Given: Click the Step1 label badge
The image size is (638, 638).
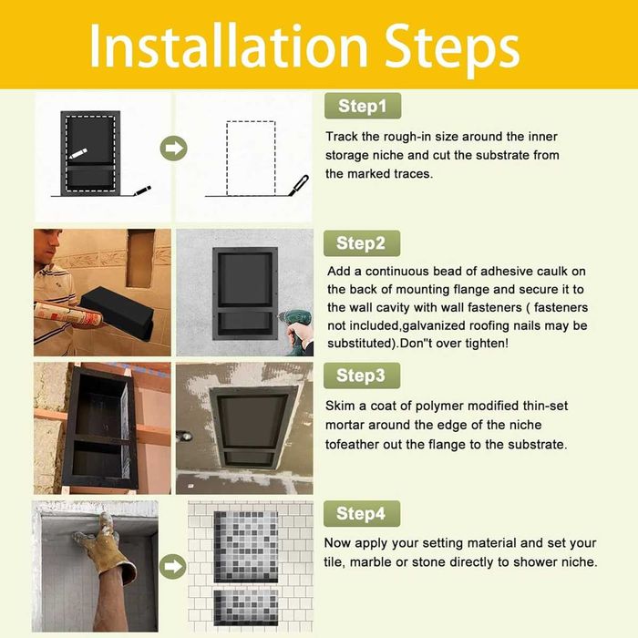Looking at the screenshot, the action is pyautogui.click(x=363, y=106).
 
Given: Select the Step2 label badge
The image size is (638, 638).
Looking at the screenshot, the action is pyautogui.click(x=362, y=243).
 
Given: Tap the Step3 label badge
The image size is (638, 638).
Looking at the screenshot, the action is pyautogui.click(x=362, y=376).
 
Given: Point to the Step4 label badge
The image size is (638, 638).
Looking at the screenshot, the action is pyautogui.click(x=362, y=513).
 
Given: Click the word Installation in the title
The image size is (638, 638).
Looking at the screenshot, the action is pyautogui.click(x=229, y=46).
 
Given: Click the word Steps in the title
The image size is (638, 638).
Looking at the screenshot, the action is pyautogui.click(x=452, y=49).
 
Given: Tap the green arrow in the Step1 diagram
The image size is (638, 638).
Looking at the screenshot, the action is pyautogui.click(x=174, y=148).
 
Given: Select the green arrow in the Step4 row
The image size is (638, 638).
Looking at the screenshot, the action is pyautogui.click(x=173, y=566).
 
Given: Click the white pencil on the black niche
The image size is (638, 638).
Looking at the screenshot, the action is pyautogui.click(x=77, y=154).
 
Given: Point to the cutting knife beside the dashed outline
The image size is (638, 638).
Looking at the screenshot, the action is pyautogui.click(x=298, y=185).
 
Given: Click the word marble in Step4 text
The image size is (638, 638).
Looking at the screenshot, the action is pyautogui.click(x=370, y=562).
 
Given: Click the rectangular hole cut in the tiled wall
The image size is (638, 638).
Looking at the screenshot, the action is pyautogui.click(x=140, y=258).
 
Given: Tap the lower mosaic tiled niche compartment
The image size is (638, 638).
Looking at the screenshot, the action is pyautogui.click(x=246, y=607).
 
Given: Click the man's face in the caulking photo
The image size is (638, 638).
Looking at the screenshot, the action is pyautogui.click(x=52, y=243).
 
